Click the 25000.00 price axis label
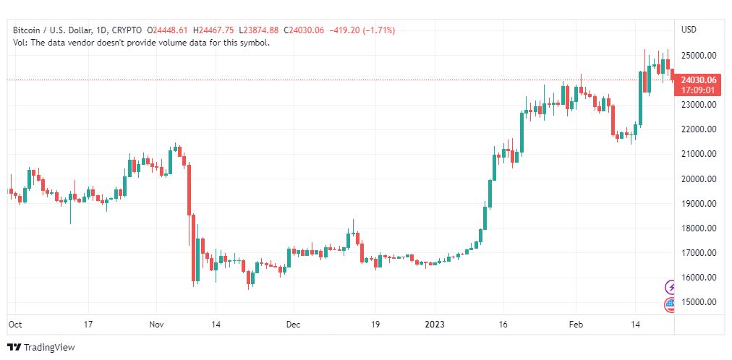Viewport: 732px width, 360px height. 701,55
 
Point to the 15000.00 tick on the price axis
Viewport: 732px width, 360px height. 701,302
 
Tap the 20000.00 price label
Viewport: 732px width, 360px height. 701,179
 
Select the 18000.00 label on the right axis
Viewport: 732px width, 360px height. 701,228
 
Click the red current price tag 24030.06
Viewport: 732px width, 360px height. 699,80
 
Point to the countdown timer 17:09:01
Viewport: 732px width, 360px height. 699,90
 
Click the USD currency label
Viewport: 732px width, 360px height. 689,30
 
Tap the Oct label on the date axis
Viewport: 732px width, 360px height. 14,325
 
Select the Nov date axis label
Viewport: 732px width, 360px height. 156,325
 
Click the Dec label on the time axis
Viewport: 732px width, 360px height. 293,325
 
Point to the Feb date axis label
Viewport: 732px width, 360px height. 576,325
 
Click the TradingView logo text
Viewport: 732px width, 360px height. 49,348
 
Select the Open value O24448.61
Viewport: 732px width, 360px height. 168,30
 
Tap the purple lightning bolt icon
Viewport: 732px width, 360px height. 671,287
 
